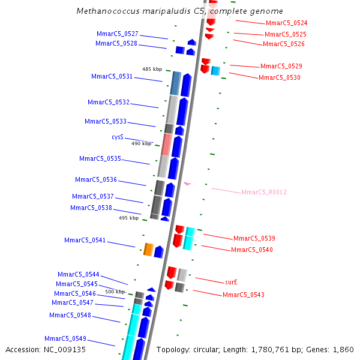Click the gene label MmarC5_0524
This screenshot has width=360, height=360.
click(x=286, y=23)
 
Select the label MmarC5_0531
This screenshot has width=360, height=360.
click(x=112, y=76)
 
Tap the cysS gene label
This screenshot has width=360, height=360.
click(x=118, y=137)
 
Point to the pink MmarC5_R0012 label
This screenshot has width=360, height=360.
click(x=263, y=192)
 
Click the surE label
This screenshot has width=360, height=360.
click(x=232, y=281)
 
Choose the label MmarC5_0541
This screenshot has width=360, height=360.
click(x=85, y=240)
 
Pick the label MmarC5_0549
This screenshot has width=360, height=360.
click(x=65, y=338)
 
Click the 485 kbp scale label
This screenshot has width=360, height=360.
click(x=152, y=69)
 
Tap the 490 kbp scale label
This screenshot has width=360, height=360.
click(x=141, y=143)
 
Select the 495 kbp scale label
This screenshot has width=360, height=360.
click(x=128, y=218)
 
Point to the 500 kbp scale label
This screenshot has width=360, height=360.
click(x=115, y=292)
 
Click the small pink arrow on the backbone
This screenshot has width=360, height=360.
click(x=187, y=184)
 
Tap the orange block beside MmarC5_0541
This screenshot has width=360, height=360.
click(x=148, y=250)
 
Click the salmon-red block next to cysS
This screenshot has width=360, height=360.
click(x=167, y=145)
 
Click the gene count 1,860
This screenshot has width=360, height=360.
click(x=343, y=349)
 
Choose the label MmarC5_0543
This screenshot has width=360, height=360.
click(x=243, y=295)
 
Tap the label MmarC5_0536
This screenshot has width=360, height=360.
click(x=96, y=179)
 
